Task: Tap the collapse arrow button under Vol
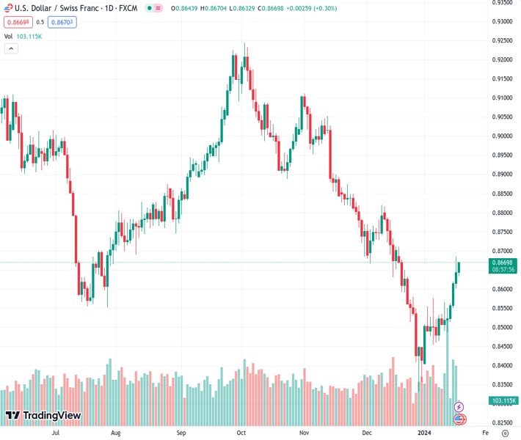(x=10, y=48)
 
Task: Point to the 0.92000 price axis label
(x=503, y=59)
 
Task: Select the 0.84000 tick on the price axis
(x=503, y=365)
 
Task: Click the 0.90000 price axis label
(x=503, y=136)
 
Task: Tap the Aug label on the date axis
(x=115, y=433)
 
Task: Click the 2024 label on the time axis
(x=424, y=433)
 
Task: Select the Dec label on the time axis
(x=368, y=433)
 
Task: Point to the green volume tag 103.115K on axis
(x=504, y=400)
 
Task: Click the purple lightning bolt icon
(x=459, y=406)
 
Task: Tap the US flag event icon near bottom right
(x=459, y=419)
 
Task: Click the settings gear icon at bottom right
(x=505, y=433)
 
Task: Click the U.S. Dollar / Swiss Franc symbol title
(x=45, y=7)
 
